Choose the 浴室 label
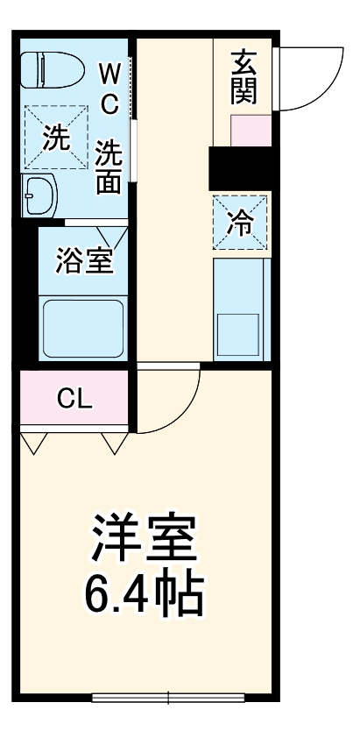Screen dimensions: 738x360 (x=83, y=261)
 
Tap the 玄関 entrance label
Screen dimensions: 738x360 (x=243, y=76)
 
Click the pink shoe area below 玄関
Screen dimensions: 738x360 (x=250, y=131)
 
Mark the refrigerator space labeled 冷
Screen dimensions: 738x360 (x=239, y=223)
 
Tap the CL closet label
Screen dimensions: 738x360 (x=74, y=399)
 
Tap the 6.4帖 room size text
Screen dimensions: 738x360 (x=143, y=595)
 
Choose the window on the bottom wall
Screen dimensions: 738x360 (x=169, y=698)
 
